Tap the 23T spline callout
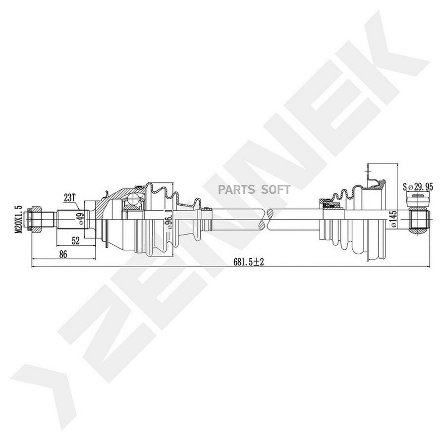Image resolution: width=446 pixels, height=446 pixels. tap(69, 198)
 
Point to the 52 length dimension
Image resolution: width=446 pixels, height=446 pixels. tap(76, 241)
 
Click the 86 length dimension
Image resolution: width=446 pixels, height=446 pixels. tap(63, 254)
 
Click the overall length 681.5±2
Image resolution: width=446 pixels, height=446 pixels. tap(249, 262)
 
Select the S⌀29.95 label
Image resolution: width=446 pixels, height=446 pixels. tap(418, 187)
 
